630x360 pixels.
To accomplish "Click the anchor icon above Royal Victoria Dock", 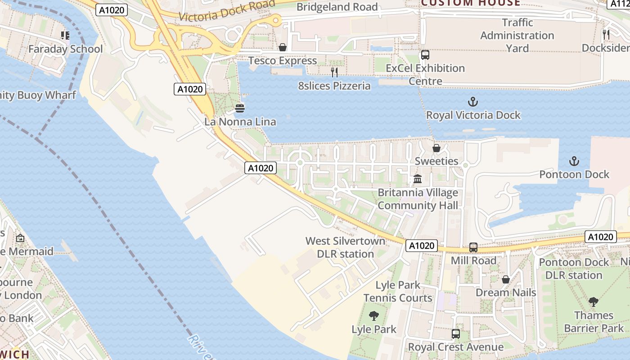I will coord(472,102).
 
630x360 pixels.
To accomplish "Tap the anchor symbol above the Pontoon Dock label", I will coord(574,161).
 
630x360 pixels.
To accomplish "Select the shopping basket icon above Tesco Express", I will coord(283,47).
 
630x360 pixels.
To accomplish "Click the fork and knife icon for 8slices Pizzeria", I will coord(334,72).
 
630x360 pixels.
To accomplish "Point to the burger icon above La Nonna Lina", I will coord(240,108).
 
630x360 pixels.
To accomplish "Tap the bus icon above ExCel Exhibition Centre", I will coord(425,55).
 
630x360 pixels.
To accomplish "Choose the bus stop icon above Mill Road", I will coord(473,247).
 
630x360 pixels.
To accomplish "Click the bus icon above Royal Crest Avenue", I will coord(455,334).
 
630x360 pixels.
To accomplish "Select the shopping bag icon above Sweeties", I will coord(436,148).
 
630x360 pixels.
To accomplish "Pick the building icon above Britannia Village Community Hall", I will coord(418,179).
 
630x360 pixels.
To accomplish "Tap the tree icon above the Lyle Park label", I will coord(373,316).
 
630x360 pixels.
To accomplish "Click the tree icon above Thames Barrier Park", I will coord(594,302).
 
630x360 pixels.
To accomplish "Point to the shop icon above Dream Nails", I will coord(506,279).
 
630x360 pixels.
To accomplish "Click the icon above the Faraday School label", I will coord(65,35).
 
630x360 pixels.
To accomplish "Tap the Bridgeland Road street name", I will coord(337,7).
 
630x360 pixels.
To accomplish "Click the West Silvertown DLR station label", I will coord(346,247).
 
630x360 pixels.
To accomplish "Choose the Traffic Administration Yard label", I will coord(517,35).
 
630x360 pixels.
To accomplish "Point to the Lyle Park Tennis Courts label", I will coord(398,292).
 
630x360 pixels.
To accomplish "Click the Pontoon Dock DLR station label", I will coord(573,269).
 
